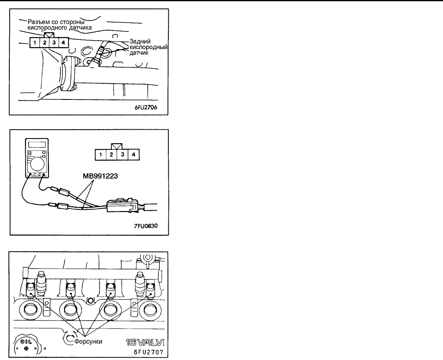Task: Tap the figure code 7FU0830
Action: click(x=146, y=226)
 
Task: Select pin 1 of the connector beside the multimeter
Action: click(x=99, y=154)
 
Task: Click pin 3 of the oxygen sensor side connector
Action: click(x=54, y=42)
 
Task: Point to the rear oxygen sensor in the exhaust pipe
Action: click(x=99, y=56)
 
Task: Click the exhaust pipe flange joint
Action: click(x=67, y=72)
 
